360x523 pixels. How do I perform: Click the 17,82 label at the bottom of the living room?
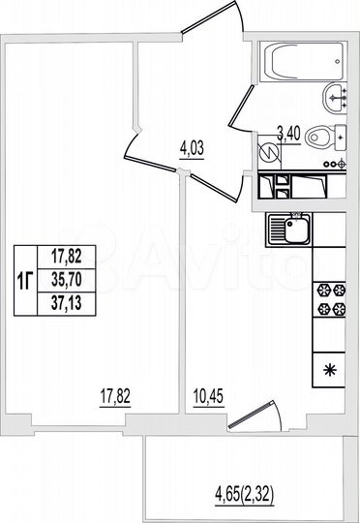pyautogui.click(x=114, y=394)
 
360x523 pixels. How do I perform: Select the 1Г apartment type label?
pyautogui.click(x=28, y=279)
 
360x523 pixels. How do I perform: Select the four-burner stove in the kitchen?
pyautogui.click(x=329, y=301)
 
